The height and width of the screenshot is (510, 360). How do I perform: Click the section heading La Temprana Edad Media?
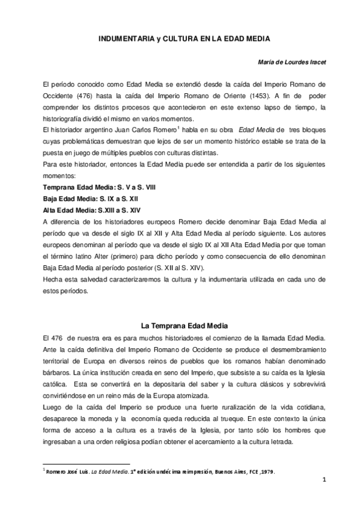(183, 325)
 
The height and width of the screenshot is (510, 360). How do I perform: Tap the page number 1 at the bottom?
(323, 479)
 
